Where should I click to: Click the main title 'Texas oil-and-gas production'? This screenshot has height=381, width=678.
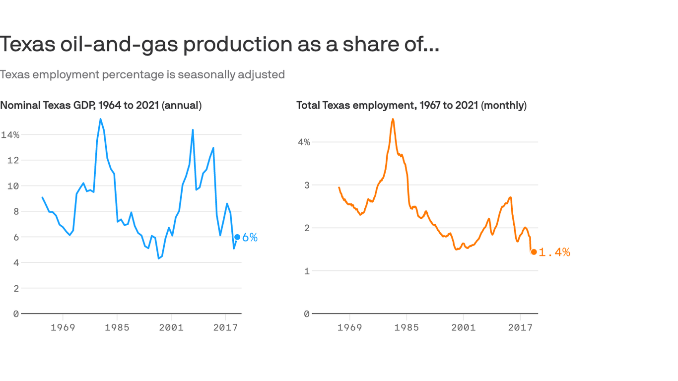[x=219, y=44]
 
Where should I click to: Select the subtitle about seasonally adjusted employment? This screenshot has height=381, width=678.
[x=142, y=74]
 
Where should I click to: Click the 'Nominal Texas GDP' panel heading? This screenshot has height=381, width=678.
[x=101, y=105]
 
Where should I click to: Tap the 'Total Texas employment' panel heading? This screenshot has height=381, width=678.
[x=411, y=105]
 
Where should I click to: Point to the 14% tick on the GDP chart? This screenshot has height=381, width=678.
[x=10, y=135]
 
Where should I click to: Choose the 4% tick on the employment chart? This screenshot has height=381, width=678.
[x=304, y=142]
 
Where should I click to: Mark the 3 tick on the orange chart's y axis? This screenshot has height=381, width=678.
[x=307, y=185]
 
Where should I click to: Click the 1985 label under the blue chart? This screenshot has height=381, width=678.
[x=117, y=328]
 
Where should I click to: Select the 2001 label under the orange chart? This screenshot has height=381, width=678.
[x=463, y=328]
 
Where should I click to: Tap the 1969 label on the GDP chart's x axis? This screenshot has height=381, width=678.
[x=63, y=328]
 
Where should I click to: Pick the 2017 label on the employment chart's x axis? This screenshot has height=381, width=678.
[x=520, y=328]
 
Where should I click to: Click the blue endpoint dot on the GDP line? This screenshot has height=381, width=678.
[x=237, y=237]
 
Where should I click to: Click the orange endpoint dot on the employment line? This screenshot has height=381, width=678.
[x=534, y=252]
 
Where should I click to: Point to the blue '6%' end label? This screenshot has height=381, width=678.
[x=250, y=238]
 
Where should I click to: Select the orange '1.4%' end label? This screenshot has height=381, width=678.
[x=554, y=253]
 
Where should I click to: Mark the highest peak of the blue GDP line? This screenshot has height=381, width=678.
[x=100, y=119]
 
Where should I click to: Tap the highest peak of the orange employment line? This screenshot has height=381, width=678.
[x=393, y=119]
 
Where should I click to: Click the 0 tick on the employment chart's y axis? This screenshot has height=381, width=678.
[x=307, y=314]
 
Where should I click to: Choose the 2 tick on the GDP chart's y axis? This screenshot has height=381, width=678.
[x=16, y=289]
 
